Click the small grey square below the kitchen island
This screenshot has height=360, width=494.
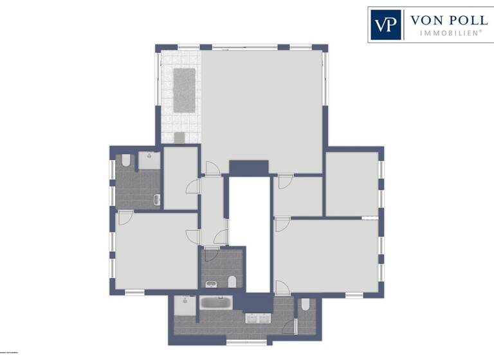click(x=179, y=137)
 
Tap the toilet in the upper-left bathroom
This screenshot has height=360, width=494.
click(x=126, y=161)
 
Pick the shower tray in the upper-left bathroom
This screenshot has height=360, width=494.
click(x=149, y=160)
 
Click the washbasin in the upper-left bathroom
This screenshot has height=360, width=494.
click(x=156, y=200)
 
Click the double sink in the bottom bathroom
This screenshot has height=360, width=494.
click(x=259, y=318)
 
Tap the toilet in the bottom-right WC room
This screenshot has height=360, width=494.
click(x=305, y=305)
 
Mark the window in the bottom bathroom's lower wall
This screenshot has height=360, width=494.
click(x=241, y=341)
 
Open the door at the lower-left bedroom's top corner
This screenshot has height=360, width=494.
click(x=125, y=217)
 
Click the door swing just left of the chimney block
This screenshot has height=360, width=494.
click(x=212, y=168)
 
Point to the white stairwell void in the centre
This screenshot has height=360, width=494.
click(x=250, y=231)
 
